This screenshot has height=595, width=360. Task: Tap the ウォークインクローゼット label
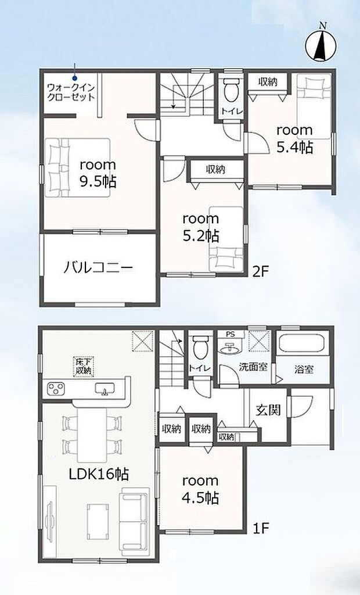click(x=71, y=92)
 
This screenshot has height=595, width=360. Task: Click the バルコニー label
click(x=98, y=268)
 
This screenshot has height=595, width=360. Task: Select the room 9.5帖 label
click(x=98, y=174)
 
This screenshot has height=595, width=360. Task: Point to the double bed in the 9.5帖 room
click(x=78, y=167)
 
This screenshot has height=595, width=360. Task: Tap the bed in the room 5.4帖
click(x=314, y=107)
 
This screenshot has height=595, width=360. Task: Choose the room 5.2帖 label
click(x=201, y=227)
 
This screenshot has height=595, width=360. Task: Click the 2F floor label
click(x=260, y=271)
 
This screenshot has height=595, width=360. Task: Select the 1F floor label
click(x=261, y=528)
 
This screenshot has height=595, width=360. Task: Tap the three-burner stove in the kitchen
click(x=55, y=388)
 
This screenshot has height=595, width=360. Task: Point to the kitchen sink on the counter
click(x=105, y=388)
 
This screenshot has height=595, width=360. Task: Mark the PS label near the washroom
click(x=230, y=334)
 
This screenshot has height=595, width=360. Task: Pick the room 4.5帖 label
click(x=200, y=489)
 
